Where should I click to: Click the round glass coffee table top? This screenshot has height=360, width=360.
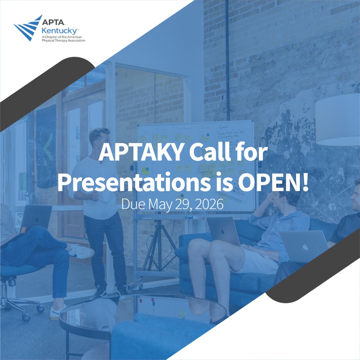143,310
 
